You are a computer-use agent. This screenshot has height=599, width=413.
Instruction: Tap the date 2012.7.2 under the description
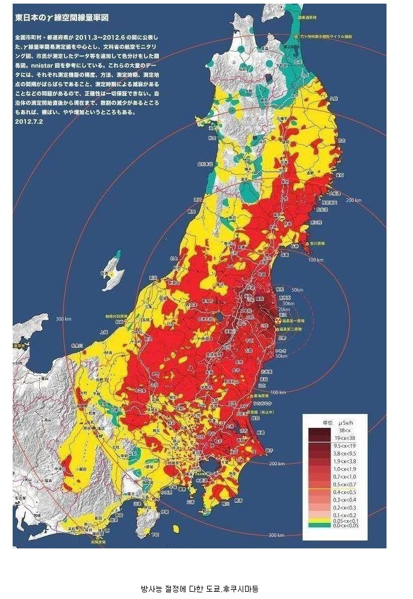29,120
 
